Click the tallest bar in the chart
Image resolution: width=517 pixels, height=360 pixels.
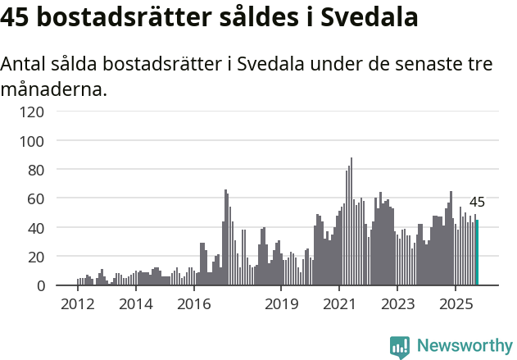pyautogui.click(x=351, y=221)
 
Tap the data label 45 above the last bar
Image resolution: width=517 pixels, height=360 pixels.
pyautogui.click(x=477, y=203)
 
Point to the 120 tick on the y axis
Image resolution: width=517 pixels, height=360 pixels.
pyautogui.click(x=33, y=112)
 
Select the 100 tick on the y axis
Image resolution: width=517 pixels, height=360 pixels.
pyautogui.click(x=33, y=141)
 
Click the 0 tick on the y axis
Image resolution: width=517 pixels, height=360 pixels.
pyautogui.click(x=40, y=285)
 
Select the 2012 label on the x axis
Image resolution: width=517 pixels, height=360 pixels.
pyautogui.click(x=77, y=305)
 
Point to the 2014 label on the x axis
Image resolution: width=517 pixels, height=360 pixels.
pyautogui.click(x=135, y=305)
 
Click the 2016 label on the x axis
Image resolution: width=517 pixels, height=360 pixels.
pyautogui.click(x=193, y=305)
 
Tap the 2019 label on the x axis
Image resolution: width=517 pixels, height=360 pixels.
pyautogui.click(x=281, y=305)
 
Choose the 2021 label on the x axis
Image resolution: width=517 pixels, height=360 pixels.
pyautogui.click(x=339, y=305)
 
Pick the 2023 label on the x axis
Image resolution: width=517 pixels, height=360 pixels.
pyautogui.click(x=397, y=305)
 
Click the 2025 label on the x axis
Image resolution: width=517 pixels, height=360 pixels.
pyautogui.click(x=456, y=305)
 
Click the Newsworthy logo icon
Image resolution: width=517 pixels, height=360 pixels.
pyautogui.click(x=400, y=347)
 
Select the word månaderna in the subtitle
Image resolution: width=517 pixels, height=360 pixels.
pyautogui.click(x=54, y=89)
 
